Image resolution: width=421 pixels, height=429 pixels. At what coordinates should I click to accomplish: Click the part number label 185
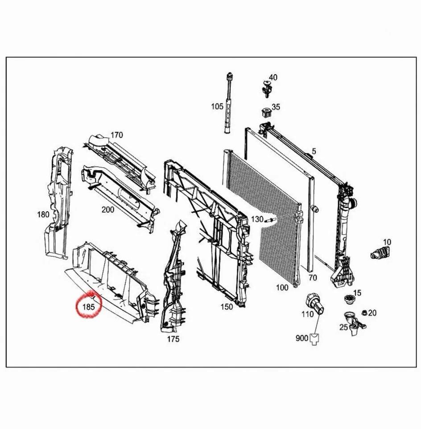point(88,307)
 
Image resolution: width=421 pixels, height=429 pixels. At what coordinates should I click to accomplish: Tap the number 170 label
point(116,135)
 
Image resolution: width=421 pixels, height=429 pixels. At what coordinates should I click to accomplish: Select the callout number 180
point(43,214)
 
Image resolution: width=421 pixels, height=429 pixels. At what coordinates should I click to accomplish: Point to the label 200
point(107,210)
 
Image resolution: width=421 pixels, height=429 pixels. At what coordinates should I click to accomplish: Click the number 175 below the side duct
point(173,339)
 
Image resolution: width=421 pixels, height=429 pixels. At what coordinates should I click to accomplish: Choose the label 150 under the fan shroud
point(227,307)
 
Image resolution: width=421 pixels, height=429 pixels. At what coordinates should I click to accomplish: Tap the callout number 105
point(217,106)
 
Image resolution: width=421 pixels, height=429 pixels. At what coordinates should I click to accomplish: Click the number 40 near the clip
point(273,77)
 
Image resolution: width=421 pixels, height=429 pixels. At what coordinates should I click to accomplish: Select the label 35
point(276,107)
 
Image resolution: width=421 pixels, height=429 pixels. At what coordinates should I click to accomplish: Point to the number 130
point(257,219)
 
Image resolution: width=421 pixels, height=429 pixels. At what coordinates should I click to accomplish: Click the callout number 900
point(302,338)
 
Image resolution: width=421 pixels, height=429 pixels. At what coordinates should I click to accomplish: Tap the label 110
point(307,314)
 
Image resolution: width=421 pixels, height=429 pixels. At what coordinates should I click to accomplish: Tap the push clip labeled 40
point(267,88)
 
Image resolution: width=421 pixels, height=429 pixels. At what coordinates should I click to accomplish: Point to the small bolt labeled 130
point(271,219)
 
